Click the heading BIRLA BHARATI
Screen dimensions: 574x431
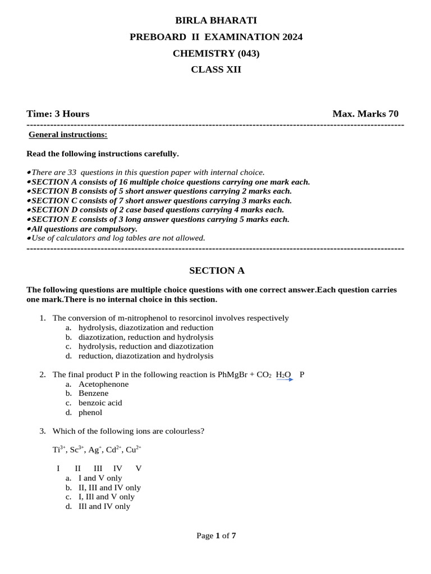tap(216, 21)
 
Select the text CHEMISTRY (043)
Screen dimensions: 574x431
tap(216, 53)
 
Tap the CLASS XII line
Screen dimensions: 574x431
tap(216, 70)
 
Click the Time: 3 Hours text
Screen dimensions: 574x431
tap(58, 114)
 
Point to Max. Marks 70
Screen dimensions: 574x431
tap(365, 114)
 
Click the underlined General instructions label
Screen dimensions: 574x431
tap(68, 135)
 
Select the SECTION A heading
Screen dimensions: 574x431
tap(217, 271)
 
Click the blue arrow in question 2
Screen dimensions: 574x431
tap(285, 379)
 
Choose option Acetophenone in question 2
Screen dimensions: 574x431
tap(103, 384)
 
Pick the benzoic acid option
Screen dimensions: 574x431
tap(100, 402)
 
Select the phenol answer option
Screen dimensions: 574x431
tap(90, 412)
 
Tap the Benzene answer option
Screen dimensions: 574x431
tap(93, 393)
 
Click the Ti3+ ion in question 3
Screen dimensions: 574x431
tap(59, 450)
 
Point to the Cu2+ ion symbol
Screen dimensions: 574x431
tap(134, 450)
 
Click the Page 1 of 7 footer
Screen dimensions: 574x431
tap(216, 535)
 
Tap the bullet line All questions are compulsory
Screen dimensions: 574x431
tap(84, 229)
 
